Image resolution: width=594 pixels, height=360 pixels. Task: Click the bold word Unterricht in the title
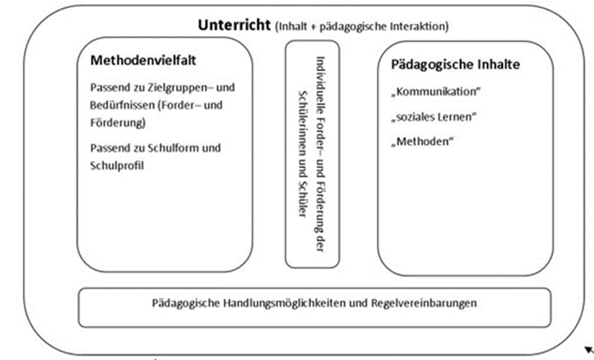tap(235, 25)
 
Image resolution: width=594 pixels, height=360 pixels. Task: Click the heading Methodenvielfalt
tap(143, 60)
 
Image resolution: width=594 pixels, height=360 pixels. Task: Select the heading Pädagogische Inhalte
tap(455, 64)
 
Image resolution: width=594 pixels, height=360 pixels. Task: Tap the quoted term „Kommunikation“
tap(436, 92)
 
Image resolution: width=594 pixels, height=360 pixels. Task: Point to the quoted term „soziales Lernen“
tap(434, 116)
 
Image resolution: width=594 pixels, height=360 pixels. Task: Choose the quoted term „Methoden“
tap(422, 142)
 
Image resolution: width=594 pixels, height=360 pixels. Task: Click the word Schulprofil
tap(117, 166)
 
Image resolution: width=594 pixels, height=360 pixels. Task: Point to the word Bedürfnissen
tap(121, 105)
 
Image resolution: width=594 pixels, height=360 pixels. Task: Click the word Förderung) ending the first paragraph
tap(118, 123)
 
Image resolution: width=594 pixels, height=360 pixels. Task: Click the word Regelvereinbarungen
tap(424, 303)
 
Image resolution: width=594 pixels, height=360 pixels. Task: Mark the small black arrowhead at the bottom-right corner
tap(589, 350)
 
